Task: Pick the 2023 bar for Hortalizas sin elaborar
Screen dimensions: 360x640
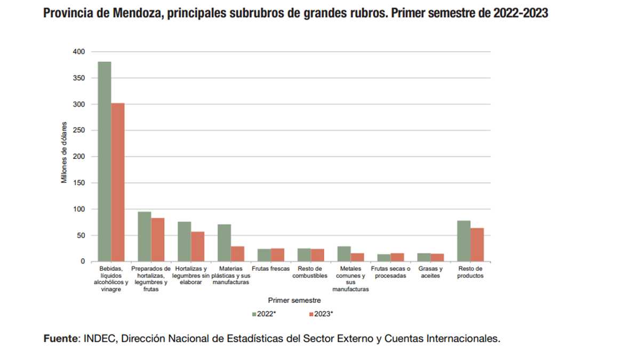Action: [x=198, y=246]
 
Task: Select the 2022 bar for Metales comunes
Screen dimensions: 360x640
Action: [x=344, y=254]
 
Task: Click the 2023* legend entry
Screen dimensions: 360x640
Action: [x=321, y=314]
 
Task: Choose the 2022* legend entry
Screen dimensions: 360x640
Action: [x=264, y=314]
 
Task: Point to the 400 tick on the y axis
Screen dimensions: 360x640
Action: [x=79, y=52]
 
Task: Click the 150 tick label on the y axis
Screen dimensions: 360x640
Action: [x=79, y=183]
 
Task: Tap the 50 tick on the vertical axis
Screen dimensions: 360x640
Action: [x=81, y=235]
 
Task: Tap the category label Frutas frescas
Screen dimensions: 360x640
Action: [x=270, y=269]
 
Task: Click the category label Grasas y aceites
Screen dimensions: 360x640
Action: [x=430, y=272]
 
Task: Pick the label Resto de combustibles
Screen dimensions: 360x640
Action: [x=310, y=272]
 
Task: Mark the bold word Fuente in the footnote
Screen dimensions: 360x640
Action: [x=60, y=339]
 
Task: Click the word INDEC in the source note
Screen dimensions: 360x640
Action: [x=100, y=339]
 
